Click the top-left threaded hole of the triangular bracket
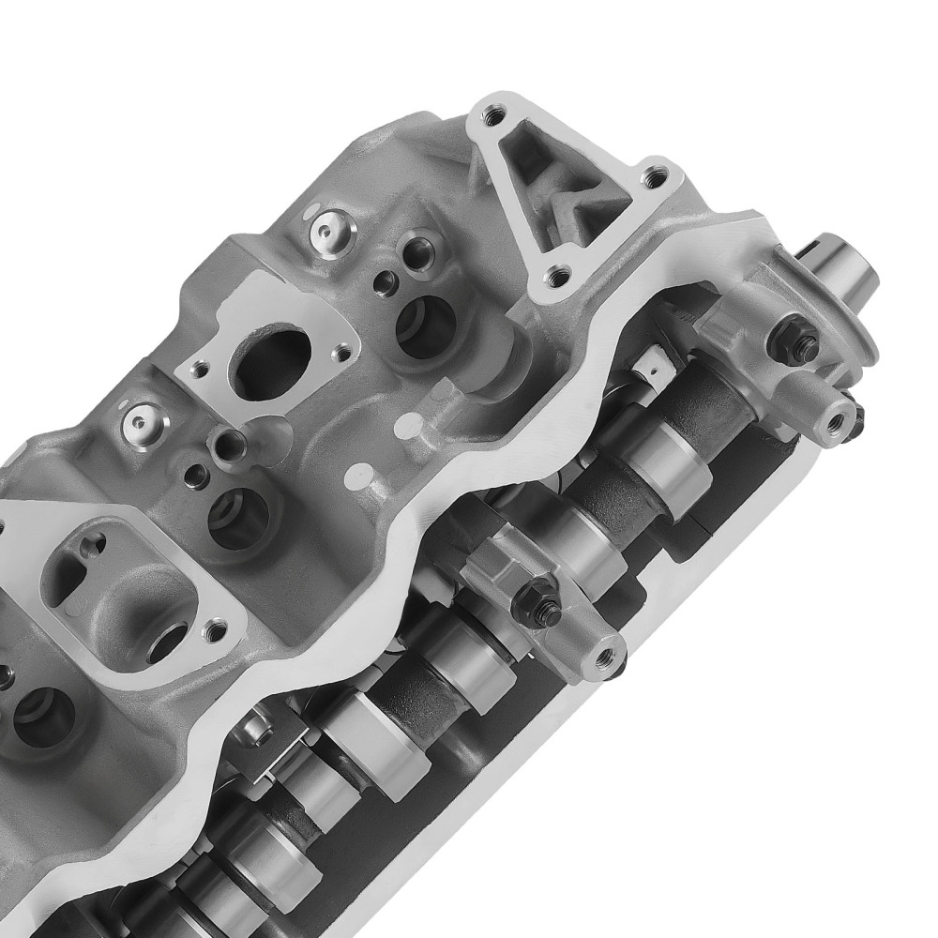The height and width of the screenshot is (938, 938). click(x=489, y=117)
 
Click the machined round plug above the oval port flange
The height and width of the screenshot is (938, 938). click(x=327, y=226)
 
